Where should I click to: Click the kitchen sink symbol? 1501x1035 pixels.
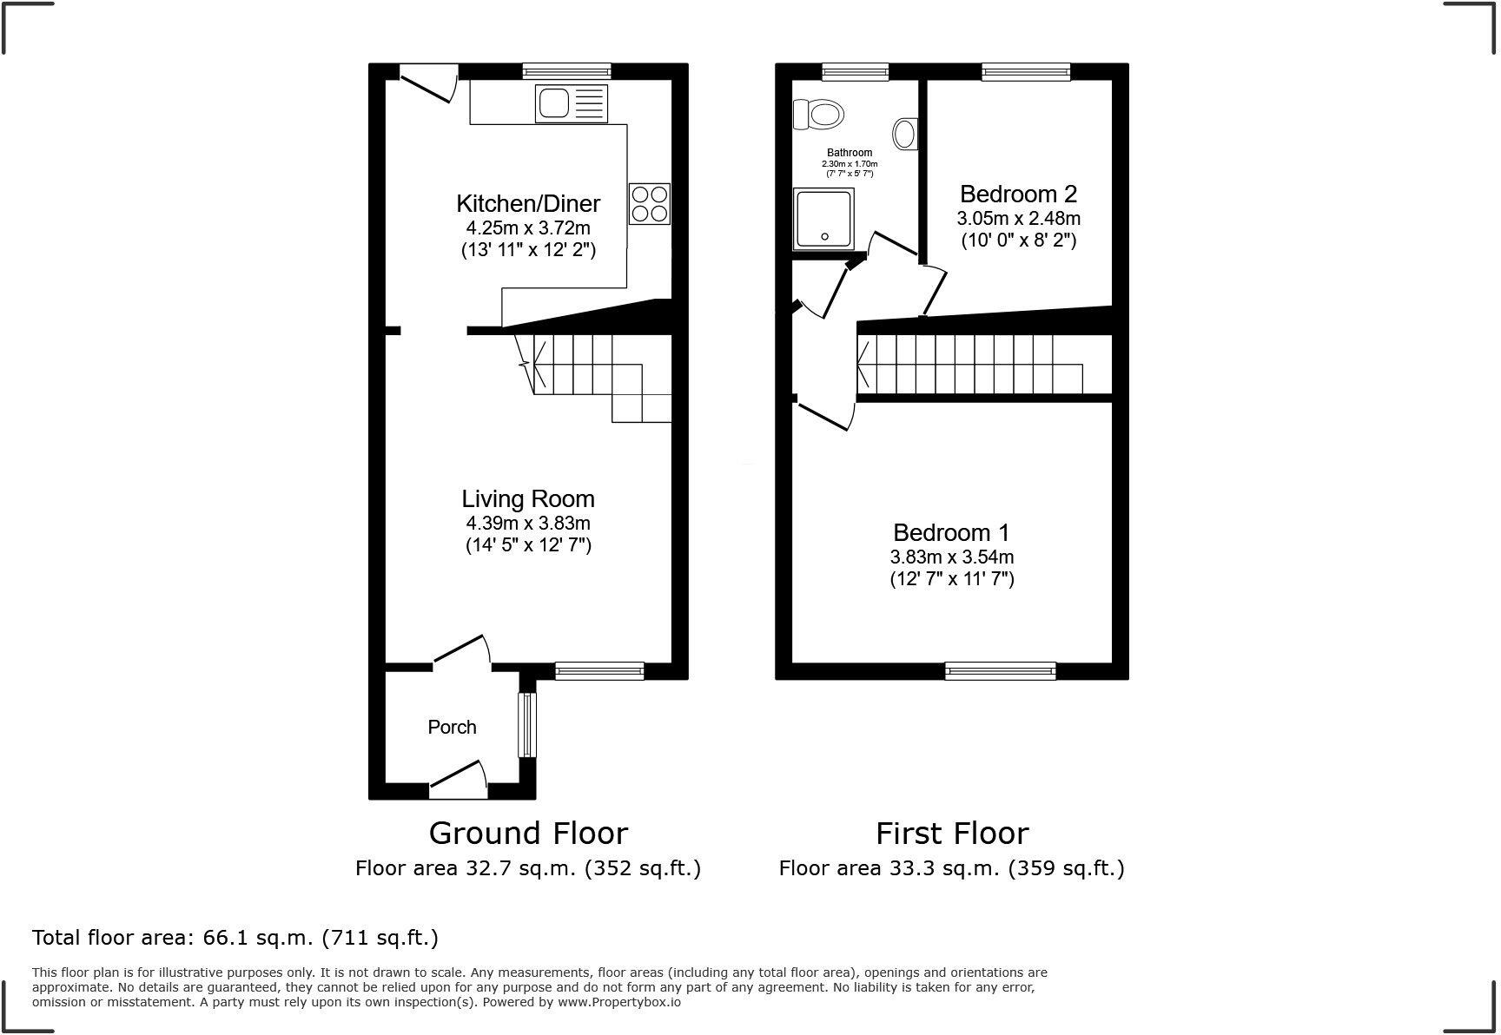(571, 104)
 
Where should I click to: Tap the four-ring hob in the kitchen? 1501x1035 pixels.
(649, 204)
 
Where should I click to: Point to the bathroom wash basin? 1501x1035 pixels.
(905, 135)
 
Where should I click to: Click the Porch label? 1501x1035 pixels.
(452, 728)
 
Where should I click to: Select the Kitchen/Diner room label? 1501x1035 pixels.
(528, 204)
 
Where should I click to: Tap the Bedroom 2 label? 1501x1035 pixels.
(1018, 194)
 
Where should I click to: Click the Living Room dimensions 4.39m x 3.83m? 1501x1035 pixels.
(528, 523)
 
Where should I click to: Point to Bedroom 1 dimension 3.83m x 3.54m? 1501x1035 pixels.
(951, 557)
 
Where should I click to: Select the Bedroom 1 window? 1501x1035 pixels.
(1000, 669)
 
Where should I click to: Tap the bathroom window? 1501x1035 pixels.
(856, 72)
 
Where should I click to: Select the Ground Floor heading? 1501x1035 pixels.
(528, 834)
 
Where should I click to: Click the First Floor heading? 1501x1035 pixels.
(951, 834)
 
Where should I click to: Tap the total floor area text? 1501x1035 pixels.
(235, 938)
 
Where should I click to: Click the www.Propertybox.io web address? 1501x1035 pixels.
(618, 1002)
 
